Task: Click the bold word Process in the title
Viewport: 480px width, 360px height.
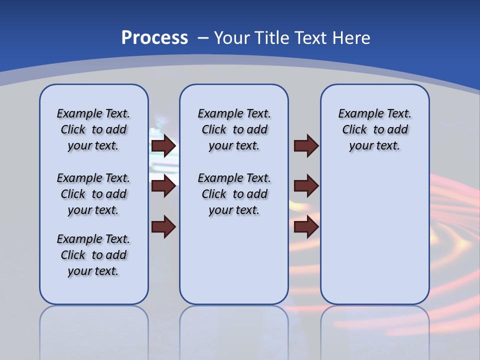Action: pyautogui.click(x=154, y=38)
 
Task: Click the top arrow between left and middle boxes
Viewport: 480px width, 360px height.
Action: pyautogui.click(x=163, y=146)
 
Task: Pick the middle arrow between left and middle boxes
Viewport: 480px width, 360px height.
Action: pyautogui.click(x=163, y=186)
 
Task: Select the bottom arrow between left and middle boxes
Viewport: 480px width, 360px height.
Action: pyautogui.click(x=163, y=227)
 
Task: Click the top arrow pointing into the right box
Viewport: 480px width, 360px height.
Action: pyautogui.click(x=306, y=146)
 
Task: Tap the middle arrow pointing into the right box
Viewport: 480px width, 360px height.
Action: pyautogui.click(x=306, y=186)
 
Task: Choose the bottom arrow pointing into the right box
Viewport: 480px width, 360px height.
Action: pyautogui.click(x=306, y=227)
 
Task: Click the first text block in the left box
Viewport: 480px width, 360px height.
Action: pyautogui.click(x=93, y=129)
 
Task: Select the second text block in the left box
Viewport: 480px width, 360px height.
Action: pyautogui.click(x=93, y=194)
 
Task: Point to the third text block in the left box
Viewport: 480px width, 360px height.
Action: pyautogui.click(x=93, y=255)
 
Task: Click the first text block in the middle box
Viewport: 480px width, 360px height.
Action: pyautogui.click(x=234, y=129)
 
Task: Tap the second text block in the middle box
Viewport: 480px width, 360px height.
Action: pyautogui.click(x=234, y=194)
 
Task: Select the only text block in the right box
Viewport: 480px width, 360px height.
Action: pyautogui.click(x=375, y=129)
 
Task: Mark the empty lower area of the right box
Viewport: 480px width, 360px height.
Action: pyautogui.click(x=375, y=235)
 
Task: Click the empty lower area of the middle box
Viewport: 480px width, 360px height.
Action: pyautogui.click(x=234, y=260)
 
